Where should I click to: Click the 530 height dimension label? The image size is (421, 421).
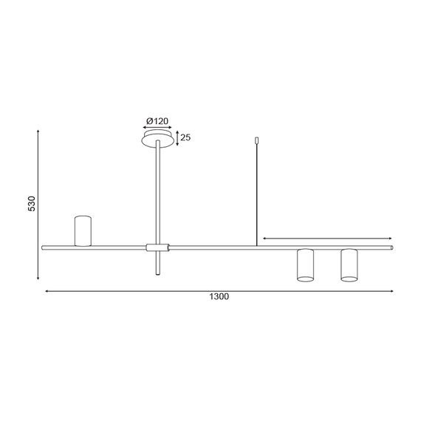point(32,204)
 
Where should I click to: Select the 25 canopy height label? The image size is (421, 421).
point(186,137)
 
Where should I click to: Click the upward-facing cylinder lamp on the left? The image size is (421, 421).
point(82,230)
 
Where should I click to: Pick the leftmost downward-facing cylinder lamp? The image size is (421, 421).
point(305,265)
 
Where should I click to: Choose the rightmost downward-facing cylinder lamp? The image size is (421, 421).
point(349,265)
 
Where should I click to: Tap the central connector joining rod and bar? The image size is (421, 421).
point(158,247)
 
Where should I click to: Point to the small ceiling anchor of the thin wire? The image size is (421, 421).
point(256,138)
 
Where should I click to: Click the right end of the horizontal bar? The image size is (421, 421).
point(392,247)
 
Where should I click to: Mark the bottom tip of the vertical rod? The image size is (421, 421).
point(158,274)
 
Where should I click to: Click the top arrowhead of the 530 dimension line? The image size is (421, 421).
point(38,131)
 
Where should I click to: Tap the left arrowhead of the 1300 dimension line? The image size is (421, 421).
point(47,291)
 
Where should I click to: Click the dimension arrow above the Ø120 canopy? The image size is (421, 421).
point(159,128)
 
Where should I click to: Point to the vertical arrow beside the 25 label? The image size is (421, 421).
point(176,137)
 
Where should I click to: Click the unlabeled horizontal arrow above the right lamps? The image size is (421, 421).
point(327,239)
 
